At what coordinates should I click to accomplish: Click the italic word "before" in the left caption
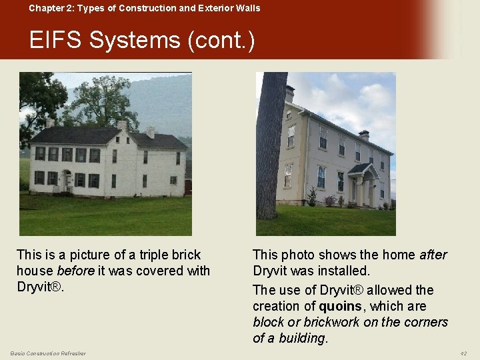coord(75,271)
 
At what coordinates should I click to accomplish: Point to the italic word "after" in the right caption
coord(433,255)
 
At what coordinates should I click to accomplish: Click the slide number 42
coord(463,353)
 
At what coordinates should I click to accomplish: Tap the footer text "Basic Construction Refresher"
coord(48,353)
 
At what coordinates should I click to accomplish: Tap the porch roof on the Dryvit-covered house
coord(361,169)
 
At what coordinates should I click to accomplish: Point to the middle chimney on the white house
coord(122,125)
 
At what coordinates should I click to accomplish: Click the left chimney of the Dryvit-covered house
coord(290,93)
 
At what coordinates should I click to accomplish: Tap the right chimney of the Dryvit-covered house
coord(363,135)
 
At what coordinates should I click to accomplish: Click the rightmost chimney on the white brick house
coord(151,132)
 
